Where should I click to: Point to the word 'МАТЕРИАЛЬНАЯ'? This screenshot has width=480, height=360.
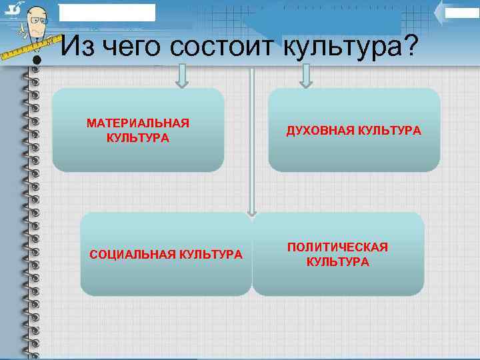(138, 123)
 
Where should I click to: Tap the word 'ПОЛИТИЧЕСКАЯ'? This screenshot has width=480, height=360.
(337, 247)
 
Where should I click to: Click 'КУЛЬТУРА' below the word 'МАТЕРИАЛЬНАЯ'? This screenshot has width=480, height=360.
(137, 138)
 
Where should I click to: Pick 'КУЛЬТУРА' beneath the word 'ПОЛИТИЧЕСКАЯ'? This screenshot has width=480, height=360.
(337, 261)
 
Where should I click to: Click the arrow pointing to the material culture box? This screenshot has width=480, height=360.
(182, 76)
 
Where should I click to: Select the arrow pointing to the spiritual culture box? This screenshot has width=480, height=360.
(306, 76)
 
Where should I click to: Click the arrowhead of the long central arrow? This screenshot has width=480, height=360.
(251, 213)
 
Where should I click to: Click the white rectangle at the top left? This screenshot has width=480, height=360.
(107, 12)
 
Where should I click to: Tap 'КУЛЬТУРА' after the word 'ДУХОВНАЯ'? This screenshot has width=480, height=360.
(386, 131)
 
